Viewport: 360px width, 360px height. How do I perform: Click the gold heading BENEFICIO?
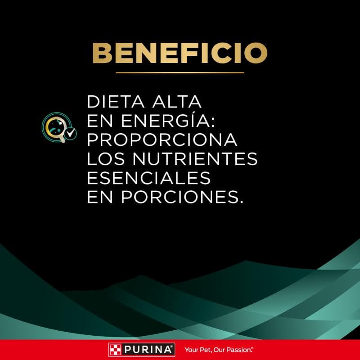tap(180, 53)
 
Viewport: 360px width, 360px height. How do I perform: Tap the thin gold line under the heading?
tap(180, 72)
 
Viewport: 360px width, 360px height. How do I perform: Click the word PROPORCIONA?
tap(162, 140)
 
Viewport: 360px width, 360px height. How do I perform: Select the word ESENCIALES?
tap(148, 178)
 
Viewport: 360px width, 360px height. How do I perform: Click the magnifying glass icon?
tap(56, 126)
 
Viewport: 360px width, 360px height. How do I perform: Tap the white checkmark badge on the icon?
tap(70, 134)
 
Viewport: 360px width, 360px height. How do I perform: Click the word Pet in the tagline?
tap(202, 349)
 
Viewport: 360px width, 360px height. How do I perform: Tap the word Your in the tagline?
tap(190, 349)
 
